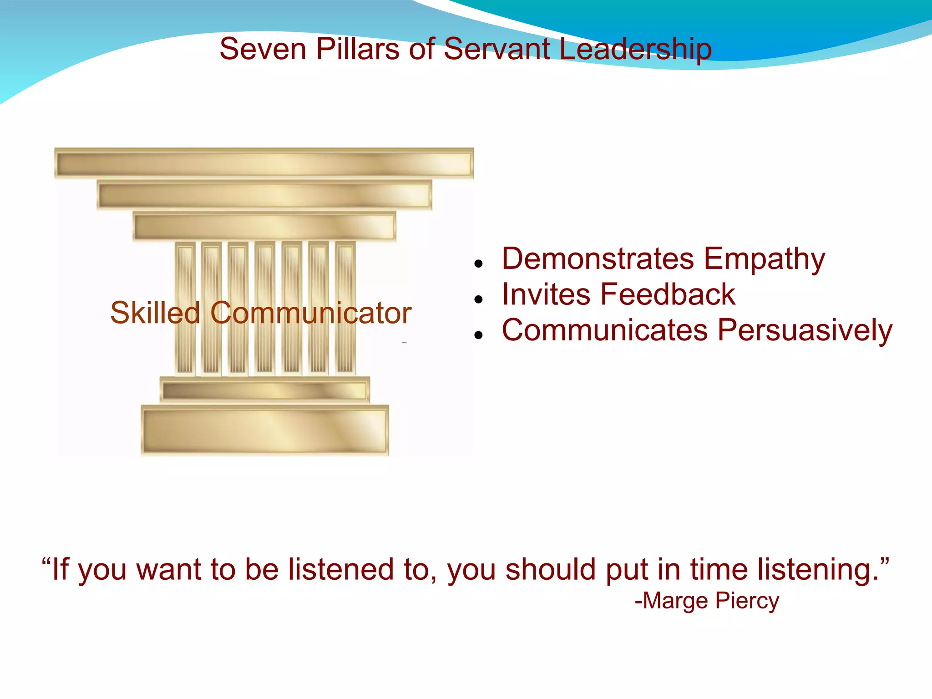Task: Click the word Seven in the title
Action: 263,49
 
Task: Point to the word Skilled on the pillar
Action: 155,313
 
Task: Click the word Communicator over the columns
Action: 311,313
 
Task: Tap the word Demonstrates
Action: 598,258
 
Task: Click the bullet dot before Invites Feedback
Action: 478,299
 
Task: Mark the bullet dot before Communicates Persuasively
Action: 478,335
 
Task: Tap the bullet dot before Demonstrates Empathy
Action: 478,263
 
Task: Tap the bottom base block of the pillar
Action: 264,430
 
